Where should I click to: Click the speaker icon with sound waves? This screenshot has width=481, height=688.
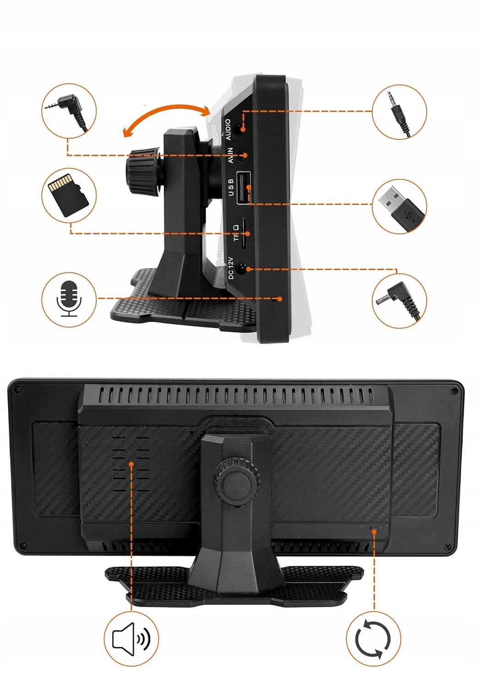tap(131, 638)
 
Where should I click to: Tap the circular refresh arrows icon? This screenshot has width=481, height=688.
tap(373, 638)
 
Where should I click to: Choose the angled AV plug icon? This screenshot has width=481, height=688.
tap(69, 110)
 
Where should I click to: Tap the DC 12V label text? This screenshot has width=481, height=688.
tap(231, 268)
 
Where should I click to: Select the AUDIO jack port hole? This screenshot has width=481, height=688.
tap(238, 128)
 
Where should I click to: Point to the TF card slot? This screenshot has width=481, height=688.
tap(245, 234)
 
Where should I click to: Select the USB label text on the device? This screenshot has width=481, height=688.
tap(231, 187)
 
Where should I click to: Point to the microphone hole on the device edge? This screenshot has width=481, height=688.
tap(279, 299)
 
